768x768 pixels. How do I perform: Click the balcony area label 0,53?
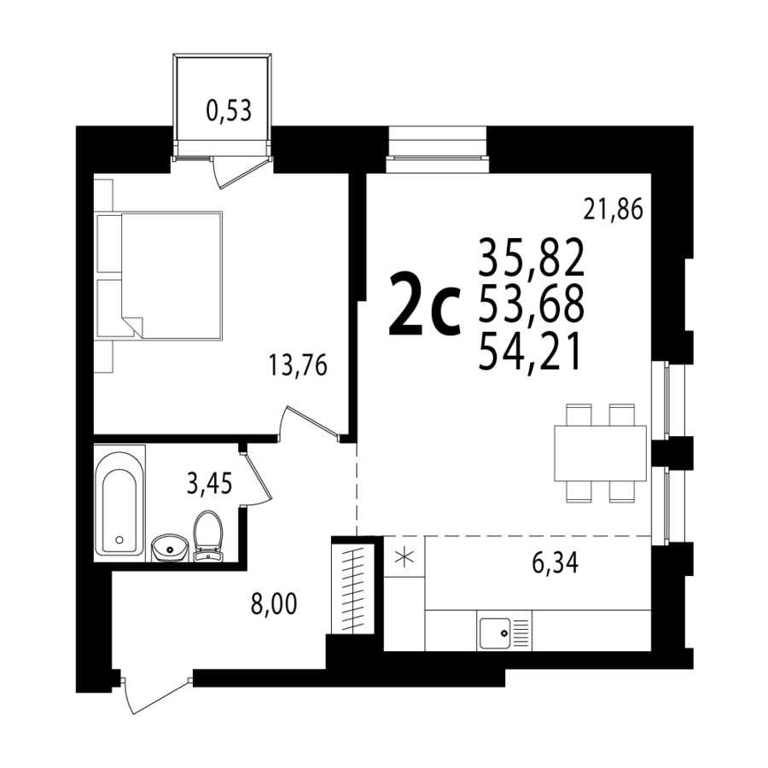click(x=229, y=111)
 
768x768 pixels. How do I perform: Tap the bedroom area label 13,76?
click(x=298, y=365)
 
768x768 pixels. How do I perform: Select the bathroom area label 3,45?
click(x=210, y=483)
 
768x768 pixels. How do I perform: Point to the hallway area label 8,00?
click(x=274, y=604)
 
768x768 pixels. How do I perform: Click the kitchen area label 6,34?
click(x=555, y=563)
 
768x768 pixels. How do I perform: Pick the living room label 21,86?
click(x=613, y=210)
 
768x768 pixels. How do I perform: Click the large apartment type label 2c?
click(x=424, y=305)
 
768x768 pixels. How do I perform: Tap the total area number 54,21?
click(x=530, y=352)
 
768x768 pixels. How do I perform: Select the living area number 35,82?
click(x=532, y=257)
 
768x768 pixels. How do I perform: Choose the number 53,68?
click(x=532, y=304)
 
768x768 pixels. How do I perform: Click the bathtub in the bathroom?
click(x=120, y=503)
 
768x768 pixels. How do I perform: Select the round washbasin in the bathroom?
click(x=170, y=548)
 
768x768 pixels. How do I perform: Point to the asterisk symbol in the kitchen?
click(x=404, y=557)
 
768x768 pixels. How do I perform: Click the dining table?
click(x=601, y=453)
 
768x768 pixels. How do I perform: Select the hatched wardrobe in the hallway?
click(x=353, y=588)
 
